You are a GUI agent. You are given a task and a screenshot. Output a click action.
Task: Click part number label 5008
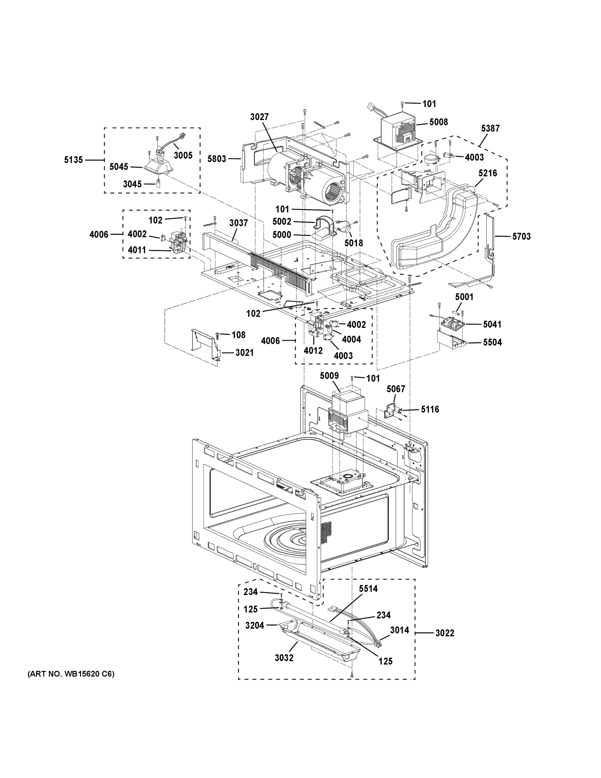[438, 122]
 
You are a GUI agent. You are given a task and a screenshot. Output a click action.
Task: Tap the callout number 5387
[490, 128]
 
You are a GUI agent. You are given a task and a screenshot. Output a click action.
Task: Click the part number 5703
[521, 236]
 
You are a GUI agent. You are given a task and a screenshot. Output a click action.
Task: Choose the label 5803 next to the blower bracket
[217, 159]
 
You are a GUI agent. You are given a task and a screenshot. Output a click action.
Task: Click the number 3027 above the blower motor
[259, 117]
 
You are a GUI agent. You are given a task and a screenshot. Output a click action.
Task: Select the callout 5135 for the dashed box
[73, 160]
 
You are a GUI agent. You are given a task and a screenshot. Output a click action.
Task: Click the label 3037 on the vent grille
[238, 223]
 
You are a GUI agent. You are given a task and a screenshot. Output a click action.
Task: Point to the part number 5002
[282, 222]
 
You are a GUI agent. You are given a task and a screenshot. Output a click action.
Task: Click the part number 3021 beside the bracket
[244, 353]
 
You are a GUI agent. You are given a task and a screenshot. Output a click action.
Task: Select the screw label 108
[238, 335]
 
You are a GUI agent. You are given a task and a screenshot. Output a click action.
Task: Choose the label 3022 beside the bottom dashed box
[445, 633]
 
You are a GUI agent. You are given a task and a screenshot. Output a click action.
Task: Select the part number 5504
[492, 342]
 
